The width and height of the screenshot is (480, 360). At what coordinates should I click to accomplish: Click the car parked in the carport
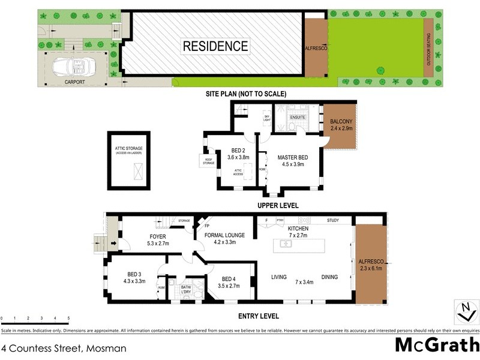(71, 65)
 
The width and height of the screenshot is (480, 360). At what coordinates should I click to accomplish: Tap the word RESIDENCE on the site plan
(215, 46)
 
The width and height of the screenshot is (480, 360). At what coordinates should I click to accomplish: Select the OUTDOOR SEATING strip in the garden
(428, 48)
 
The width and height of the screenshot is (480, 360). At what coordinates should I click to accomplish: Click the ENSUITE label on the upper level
(298, 118)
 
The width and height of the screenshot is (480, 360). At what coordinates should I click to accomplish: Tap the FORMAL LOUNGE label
(225, 238)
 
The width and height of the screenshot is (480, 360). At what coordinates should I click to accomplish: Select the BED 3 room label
(134, 277)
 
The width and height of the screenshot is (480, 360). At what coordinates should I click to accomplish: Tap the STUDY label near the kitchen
(332, 221)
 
